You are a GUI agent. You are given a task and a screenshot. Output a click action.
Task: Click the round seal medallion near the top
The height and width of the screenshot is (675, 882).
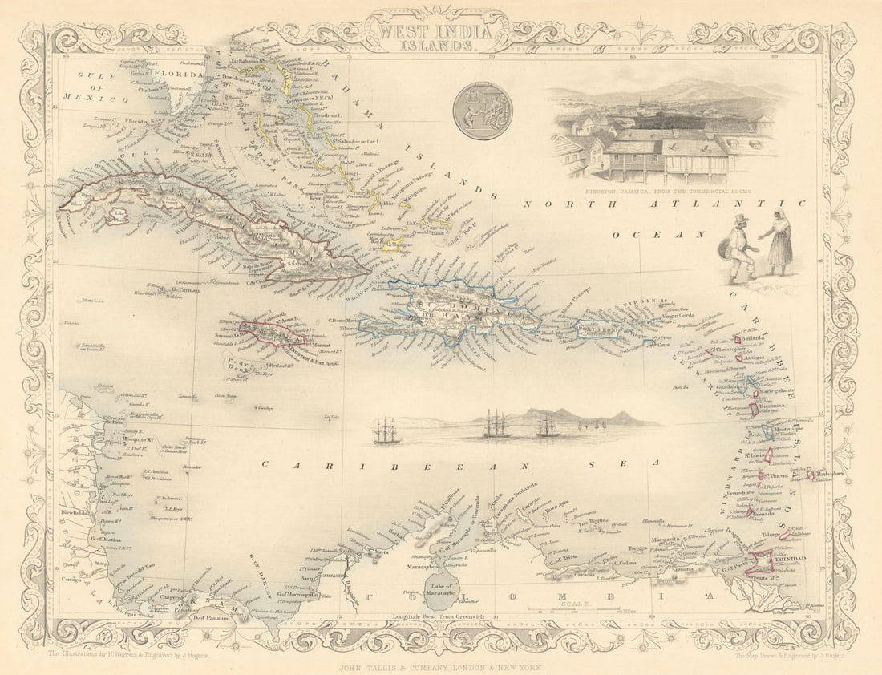click(482, 111)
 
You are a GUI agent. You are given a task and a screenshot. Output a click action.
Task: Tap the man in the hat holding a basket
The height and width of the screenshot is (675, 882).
click(740, 248)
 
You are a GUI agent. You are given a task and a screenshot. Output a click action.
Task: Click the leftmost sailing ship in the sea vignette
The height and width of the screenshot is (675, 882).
click(386, 431)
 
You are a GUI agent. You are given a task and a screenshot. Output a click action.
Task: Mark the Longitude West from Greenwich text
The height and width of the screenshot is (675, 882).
click(439, 616)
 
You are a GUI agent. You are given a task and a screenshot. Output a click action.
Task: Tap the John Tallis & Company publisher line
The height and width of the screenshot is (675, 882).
click(441, 666)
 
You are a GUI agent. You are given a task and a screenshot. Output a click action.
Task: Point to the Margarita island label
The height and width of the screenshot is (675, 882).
click(669, 540)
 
